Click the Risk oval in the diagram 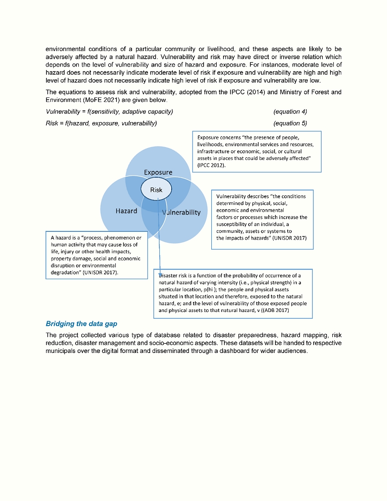[x=156, y=189]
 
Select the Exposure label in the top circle [x=158, y=172]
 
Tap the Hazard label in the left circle [x=126, y=211]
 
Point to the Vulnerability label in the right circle [x=181, y=212]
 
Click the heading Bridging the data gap [x=81, y=324]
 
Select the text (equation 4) [x=290, y=112]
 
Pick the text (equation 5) [x=290, y=123]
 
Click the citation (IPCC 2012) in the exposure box [x=212, y=165]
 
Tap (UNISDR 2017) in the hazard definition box [x=100, y=272]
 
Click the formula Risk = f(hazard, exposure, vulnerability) [x=101, y=123]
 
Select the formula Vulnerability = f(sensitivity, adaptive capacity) [x=109, y=112]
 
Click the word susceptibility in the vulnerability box [x=235, y=224]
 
